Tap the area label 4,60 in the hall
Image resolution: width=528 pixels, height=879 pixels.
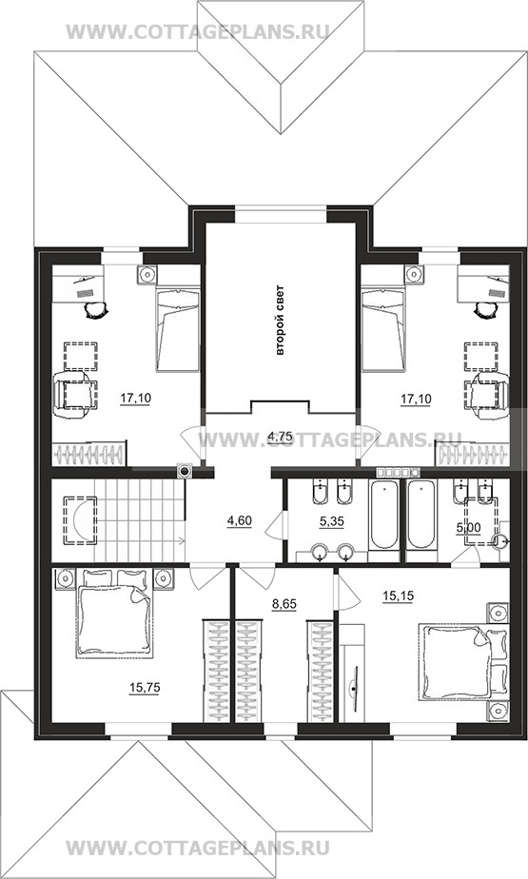click(239, 521)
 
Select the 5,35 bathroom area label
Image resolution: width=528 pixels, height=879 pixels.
click(332, 521)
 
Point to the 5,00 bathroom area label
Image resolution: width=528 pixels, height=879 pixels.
click(469, 527)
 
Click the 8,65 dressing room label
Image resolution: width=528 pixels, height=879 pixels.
click(284, 604)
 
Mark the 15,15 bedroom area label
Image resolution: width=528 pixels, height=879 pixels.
click(398, 596)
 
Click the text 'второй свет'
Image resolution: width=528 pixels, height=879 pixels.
click(281, 321)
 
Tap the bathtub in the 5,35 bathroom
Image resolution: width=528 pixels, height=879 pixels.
click(384, 514)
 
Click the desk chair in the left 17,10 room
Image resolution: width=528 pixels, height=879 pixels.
click(93, 307)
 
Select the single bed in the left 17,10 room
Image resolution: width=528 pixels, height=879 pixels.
click(177, 328)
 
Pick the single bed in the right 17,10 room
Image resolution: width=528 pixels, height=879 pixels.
click(383, 328)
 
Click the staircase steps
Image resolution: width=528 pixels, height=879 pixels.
click(140, 519)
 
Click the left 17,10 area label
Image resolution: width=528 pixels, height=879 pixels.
click(136, 399)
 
